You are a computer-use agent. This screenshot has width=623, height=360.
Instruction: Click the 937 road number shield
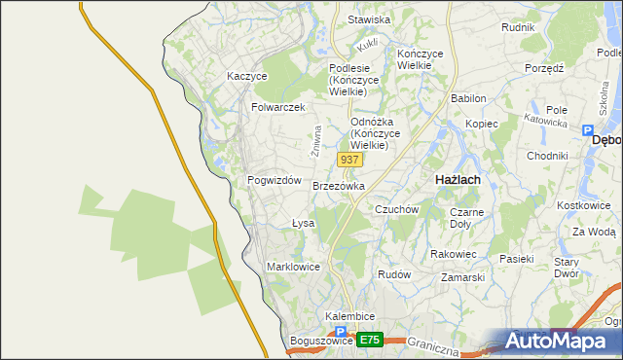point(350,159)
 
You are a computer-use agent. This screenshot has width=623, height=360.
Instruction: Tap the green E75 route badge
point(369,340)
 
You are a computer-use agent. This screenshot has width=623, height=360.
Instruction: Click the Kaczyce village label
point(246,75)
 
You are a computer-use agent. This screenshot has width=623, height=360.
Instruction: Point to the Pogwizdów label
point(275,181)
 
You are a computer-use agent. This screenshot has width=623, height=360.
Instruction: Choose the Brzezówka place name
point(339,186)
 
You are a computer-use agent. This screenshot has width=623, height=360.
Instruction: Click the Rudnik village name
point(518,27)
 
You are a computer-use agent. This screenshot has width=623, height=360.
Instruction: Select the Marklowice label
point(294,266)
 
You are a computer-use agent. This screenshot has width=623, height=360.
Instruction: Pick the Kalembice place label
point(350,317)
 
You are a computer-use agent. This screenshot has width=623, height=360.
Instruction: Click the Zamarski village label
point(462,277)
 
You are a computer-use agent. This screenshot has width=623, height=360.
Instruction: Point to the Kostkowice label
point(585,206)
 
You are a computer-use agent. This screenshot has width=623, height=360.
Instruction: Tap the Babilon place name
point(468,98)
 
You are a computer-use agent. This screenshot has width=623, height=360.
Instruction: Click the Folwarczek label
point(278,107)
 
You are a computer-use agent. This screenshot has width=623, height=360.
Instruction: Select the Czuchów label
point(396,209)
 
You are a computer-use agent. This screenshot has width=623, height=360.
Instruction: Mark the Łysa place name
point(303,223)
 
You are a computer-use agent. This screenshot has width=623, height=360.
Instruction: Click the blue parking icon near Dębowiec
point(587,130)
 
